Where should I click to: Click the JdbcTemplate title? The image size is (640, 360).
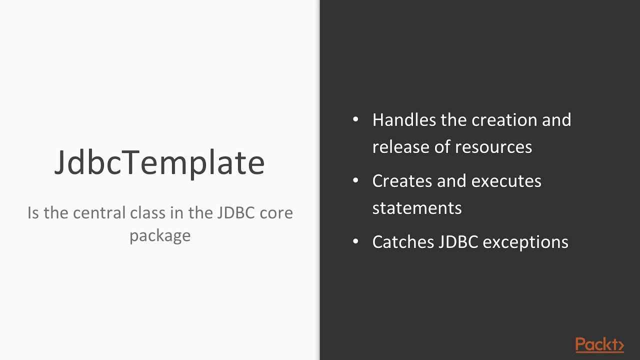159,162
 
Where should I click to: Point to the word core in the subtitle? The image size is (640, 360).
276,213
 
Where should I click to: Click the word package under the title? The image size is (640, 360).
160,236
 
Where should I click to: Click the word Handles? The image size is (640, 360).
403,120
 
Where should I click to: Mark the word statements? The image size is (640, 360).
416,208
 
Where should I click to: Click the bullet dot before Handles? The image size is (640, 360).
356,120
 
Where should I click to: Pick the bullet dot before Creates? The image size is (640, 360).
356,180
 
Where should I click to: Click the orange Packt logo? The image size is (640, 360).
599,344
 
